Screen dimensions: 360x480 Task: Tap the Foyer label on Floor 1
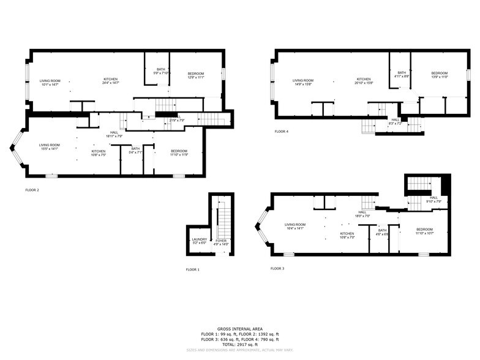click(220, 242)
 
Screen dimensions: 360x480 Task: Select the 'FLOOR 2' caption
click(32, 190)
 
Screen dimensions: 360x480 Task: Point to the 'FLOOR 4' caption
click(282, 132)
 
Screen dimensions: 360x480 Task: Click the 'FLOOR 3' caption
click(277, 268)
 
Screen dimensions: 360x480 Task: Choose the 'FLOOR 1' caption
click(192, 269)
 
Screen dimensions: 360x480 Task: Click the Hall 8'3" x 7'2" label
click(395, 121)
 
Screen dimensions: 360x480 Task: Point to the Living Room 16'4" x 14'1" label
click(295, 227)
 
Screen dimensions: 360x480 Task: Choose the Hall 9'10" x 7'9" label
click(433, 200)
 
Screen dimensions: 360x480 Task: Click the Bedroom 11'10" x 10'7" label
click(424, 231)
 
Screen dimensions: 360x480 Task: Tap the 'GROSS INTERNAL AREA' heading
click(239, 329)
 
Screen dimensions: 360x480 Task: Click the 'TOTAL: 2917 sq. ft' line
click(239, 344)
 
